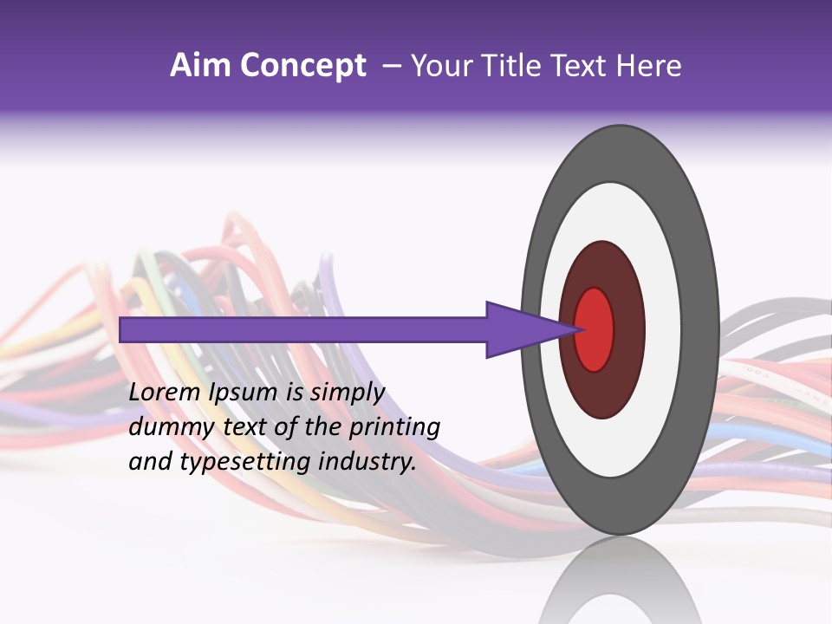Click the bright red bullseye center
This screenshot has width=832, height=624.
[595, 329]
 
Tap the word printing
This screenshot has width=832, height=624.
[395, 428]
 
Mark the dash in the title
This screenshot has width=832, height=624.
[391, 66]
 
